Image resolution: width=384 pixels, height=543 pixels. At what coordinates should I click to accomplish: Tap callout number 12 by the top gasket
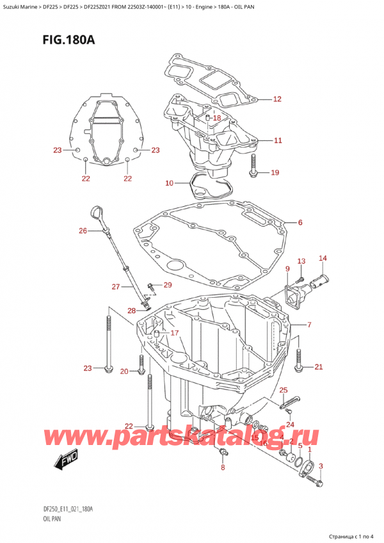pyautogui.click(x=276, y=99)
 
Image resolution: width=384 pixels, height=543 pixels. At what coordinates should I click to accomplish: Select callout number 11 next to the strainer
pyautogui.click(x=276, y=140)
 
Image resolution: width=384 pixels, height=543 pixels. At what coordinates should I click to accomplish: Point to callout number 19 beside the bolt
pyautogui.click(x=275, y=172)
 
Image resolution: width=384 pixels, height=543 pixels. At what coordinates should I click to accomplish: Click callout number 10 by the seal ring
pyautogui.click(x=168, y=184)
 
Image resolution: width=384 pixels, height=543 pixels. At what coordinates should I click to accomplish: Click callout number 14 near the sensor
pyautogui.click(x=323, y=259)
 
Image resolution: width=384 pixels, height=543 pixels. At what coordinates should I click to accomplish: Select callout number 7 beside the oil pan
pyautogui.click(x=309, y=325)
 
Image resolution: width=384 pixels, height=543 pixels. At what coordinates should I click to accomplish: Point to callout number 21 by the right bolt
pyautogui.click(x=318, y=367)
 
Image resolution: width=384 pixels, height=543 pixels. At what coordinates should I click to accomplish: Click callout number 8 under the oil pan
pyautogui.click(x=223, y=467)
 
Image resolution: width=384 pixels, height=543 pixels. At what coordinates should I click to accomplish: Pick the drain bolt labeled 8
pyautogui.click(x=222, y=453)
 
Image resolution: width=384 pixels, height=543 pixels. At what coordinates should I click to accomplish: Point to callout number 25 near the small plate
pyautogui.click(x=284, y=390)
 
